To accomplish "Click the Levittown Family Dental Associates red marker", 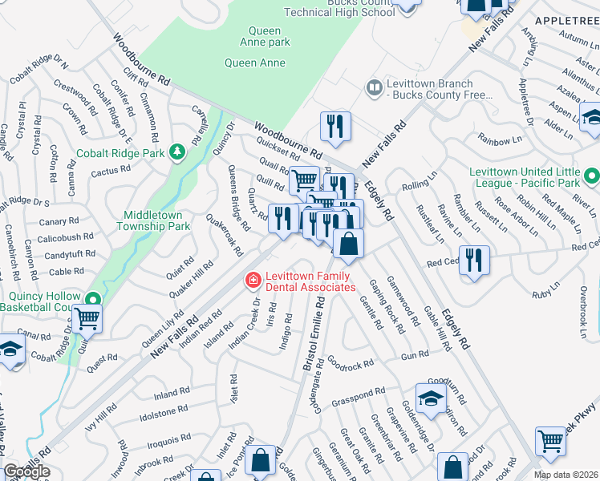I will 253,280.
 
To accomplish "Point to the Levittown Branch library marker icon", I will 374,87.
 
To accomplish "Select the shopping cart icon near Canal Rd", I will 87,318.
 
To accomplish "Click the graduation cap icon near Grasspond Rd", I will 431,398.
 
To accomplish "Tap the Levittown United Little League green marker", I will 591,175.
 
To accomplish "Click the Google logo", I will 26,472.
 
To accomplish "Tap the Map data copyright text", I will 566,475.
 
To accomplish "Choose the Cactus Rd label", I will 110,170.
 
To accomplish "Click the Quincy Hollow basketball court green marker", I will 92,301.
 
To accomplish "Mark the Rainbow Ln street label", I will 499,140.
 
